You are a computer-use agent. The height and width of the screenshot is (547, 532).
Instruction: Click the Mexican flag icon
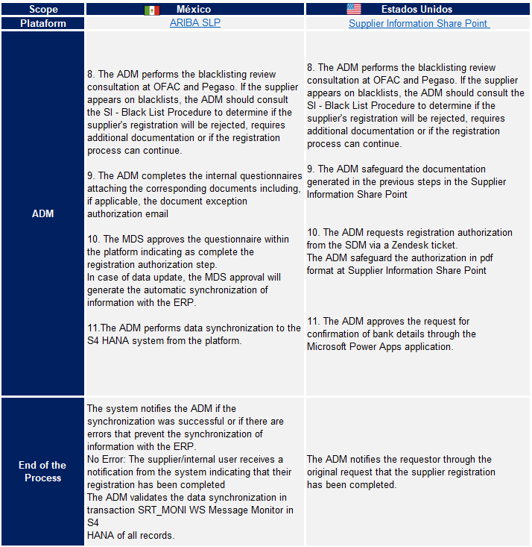[152, 10]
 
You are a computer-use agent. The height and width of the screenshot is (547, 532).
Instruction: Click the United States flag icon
[353, 10]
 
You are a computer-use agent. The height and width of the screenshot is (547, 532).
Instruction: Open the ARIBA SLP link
[195, 23]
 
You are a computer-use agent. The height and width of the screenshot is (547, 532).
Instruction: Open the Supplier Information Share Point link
[419, 23]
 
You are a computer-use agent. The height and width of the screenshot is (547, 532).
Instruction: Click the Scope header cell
[43, 10]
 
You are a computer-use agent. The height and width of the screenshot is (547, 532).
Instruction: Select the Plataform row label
[43, 23]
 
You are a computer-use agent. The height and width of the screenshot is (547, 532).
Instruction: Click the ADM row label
[43, 213]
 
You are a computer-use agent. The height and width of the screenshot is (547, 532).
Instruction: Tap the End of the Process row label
[43, 471]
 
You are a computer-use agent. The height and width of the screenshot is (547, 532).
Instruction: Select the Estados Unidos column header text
[417, 10]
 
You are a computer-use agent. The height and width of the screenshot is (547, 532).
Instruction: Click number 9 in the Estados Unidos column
[310, 169]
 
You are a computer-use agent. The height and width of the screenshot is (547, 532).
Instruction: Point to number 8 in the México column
[90, 75]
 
